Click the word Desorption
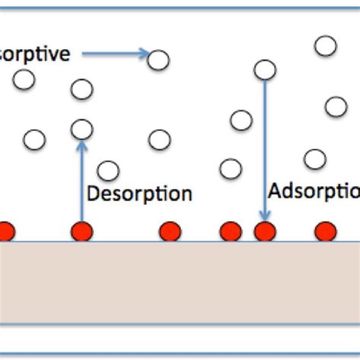[139, 193]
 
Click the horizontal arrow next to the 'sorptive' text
[114, 53]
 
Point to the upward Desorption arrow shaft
[81, 182]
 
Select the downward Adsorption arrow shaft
[264, 152]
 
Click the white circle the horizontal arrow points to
[158, 59]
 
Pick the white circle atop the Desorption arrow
[81, 129]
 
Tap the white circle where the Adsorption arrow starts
[264, 70]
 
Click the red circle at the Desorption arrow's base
[81, 231]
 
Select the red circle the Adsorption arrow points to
[264, 231]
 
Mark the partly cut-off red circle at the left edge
[6, 231]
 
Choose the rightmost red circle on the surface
[325, 231]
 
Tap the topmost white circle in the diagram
[325, 46]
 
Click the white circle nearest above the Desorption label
[109, 171]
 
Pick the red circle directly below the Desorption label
[170, 231]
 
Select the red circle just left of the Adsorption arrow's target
[229, 231]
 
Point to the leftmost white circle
[24, 78]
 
